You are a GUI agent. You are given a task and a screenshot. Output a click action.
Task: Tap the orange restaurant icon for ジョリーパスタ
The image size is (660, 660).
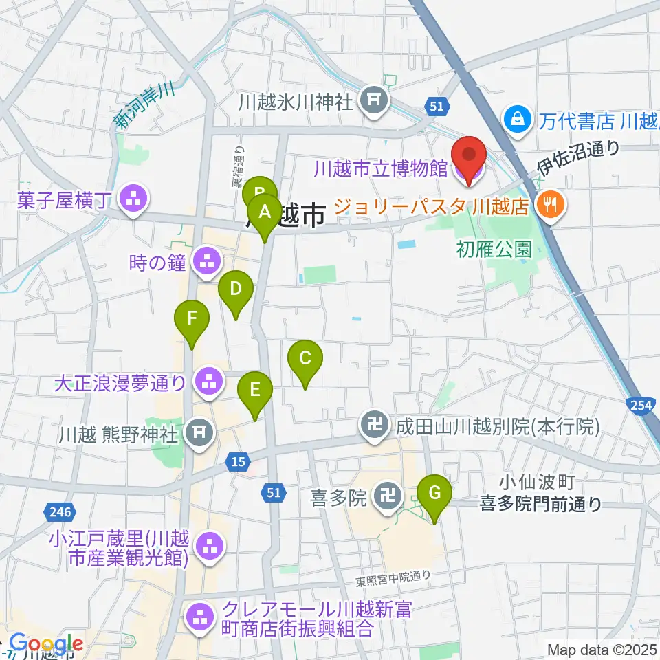550,203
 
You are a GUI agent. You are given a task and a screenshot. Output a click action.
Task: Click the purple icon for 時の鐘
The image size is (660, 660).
206,261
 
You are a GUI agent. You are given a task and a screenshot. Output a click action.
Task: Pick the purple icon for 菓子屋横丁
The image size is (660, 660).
131,201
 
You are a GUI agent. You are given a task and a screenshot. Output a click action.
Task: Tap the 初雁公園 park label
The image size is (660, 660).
494,247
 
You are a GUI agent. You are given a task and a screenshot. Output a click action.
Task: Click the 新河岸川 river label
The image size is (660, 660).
143,107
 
